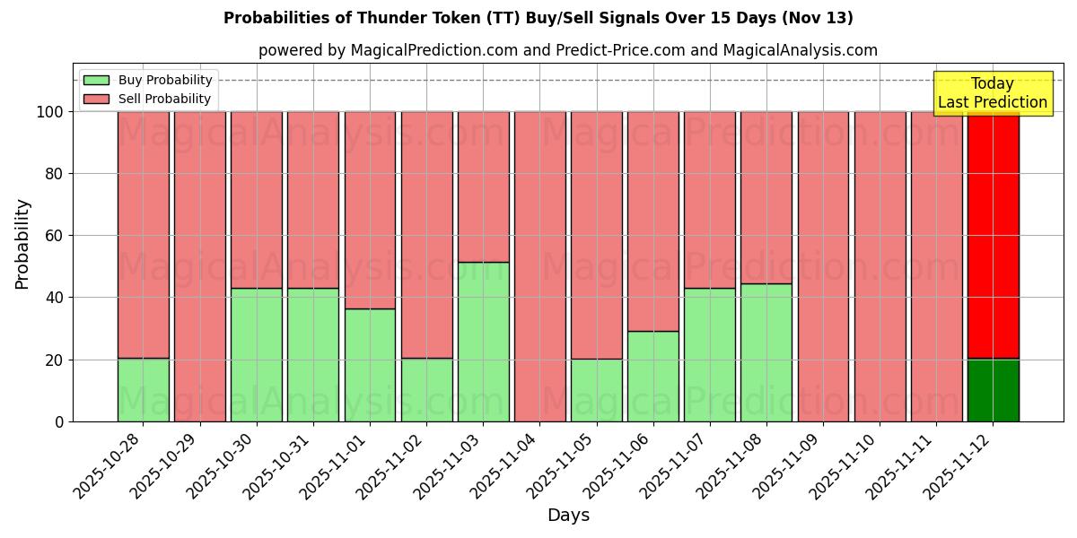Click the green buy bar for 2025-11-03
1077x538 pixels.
[x=483, y=342]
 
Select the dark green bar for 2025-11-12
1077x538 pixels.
[x=993, y=390]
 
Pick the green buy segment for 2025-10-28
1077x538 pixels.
[x=143, y=390]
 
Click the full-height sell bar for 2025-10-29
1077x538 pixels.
[x=199, y=266]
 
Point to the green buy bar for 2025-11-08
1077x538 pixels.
[x=766, y=352]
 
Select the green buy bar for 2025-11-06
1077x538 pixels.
[x=652, y=377]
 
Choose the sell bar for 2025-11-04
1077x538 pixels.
[x=539, y=266]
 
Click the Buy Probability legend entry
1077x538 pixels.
[x=147, y=80]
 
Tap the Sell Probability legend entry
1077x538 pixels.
[x=147, y=99]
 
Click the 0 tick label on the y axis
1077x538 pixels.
[x=59, y=421]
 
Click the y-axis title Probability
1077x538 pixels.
[x=22, y=243]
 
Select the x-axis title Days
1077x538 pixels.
[x=568, y=516]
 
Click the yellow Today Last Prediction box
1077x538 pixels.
[x=992, y=93]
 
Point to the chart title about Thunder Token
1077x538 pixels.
[x=538, y=18]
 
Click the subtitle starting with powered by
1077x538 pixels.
[x=568, y=50]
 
